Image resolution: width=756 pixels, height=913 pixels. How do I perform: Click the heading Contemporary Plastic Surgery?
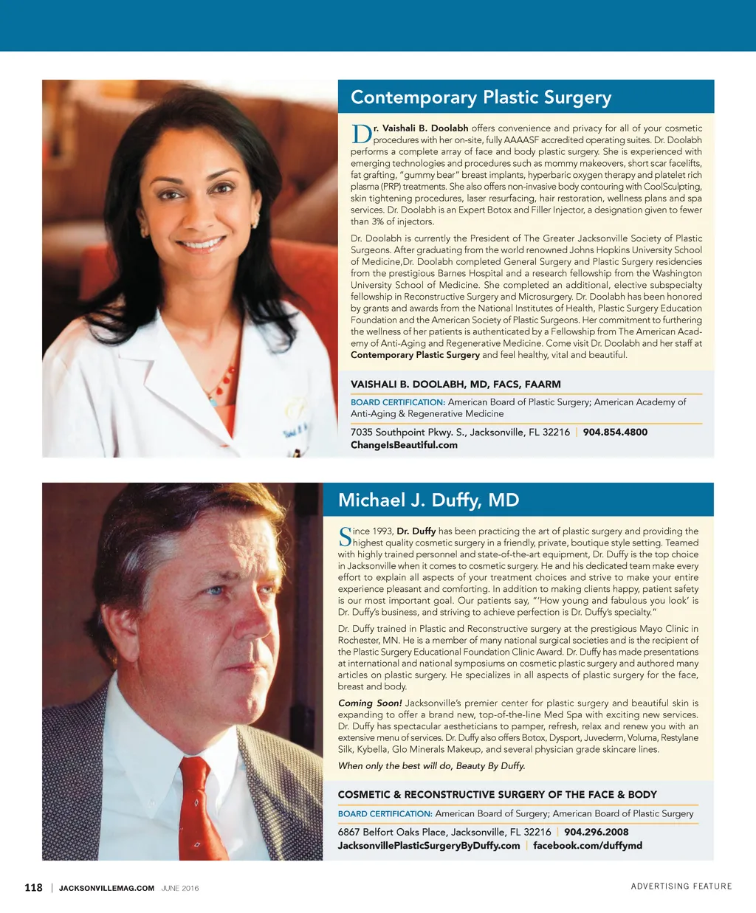point(481,97)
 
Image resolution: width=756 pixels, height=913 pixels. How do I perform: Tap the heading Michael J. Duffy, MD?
point(428,500)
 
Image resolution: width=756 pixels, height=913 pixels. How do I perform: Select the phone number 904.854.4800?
point(615,432)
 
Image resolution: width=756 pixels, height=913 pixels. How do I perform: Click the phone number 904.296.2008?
point(596,832)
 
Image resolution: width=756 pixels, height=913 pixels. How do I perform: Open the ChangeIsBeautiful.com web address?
point(404,445)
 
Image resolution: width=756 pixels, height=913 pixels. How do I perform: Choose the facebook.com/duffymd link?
point(587,845)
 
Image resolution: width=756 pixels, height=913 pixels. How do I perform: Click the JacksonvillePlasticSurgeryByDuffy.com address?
point(428,845)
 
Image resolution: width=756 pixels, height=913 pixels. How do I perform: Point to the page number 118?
point(33,887)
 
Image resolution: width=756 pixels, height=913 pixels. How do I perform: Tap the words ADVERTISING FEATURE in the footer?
point(681,886)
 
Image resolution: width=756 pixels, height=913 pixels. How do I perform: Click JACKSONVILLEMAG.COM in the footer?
point(106,888)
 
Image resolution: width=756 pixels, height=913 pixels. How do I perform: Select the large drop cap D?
point(361,134)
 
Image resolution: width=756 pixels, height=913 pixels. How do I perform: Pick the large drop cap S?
point(345,537)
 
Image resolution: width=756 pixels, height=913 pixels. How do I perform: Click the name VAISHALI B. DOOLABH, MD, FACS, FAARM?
point(456,384)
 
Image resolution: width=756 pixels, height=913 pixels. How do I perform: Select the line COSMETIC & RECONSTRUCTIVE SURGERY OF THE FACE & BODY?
point(497,794)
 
